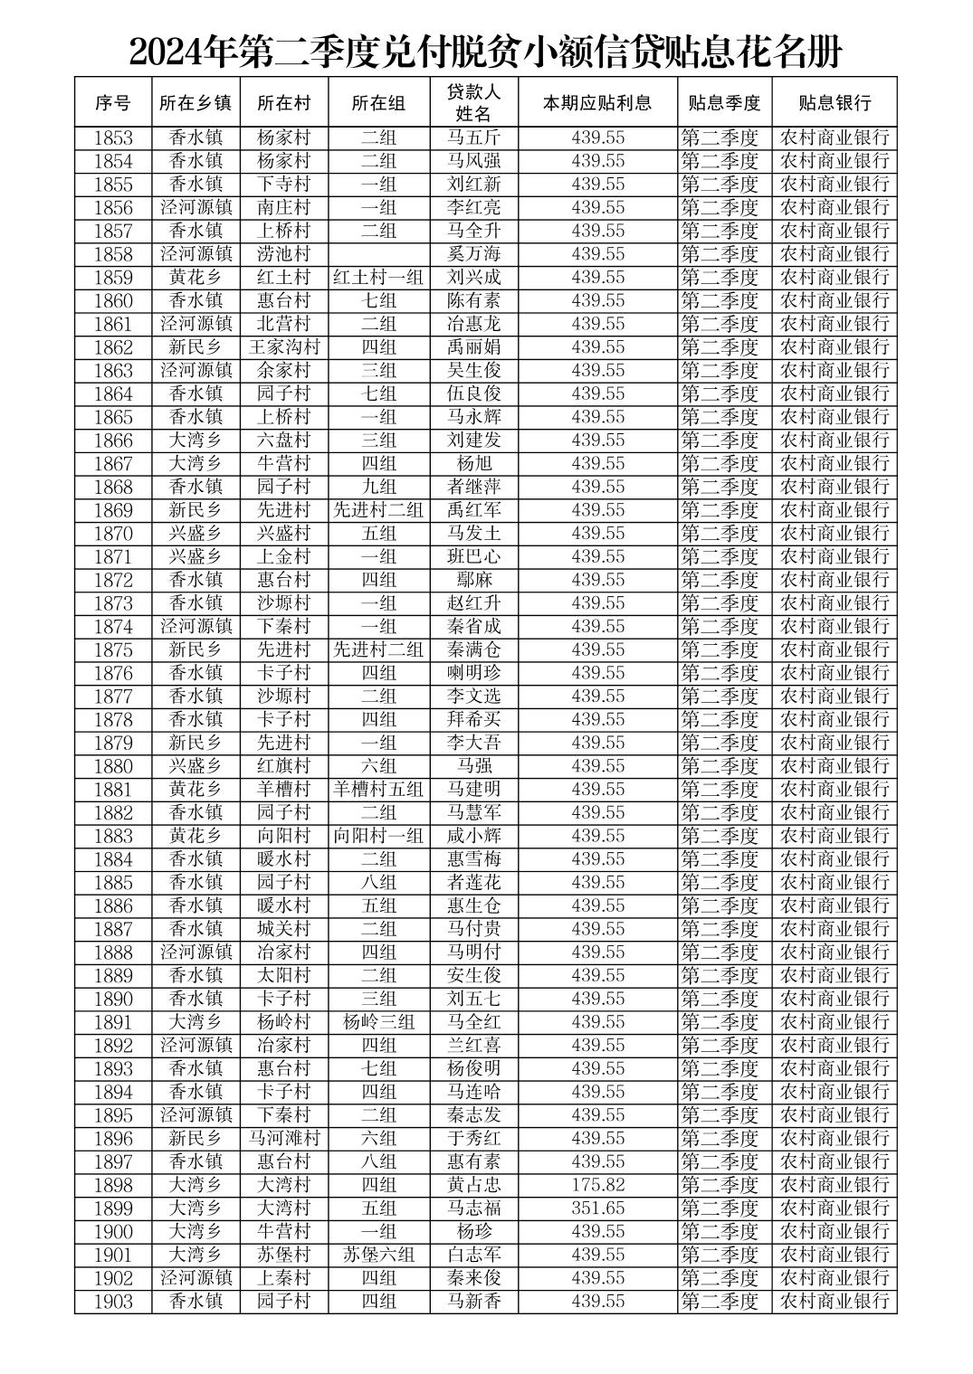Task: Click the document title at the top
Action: (x=485, y=52)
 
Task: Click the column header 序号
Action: (x=112, y=102)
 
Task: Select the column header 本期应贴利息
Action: (x=597, y=102)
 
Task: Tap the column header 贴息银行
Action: (x=834, y=102)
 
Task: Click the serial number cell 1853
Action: (x=112, y=137)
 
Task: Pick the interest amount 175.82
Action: (x=597, y=1185)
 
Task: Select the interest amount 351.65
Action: (x=597, y=1208)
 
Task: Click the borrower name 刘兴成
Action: (x=473, y=278)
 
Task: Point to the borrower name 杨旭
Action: (x=473, y=463)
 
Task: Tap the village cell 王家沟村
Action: (x=284, y=347)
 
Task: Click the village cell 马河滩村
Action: (x=284, y=1139)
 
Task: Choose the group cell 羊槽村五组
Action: (x=378, y=790)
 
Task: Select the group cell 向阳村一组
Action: (x=378, y=836)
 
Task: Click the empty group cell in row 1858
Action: (x=378, y=254)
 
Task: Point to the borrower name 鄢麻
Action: (x=473, y=580)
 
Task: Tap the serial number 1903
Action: (x=112, y=1302)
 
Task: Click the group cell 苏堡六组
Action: (x=378, y=1255)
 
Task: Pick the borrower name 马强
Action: (x=473, y=766)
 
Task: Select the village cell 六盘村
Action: (x=284, y=441)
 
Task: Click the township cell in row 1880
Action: (x=196, y=766)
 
